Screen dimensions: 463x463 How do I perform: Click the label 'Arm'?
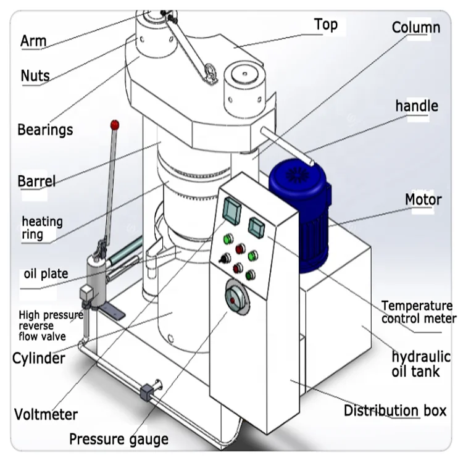(33, 41)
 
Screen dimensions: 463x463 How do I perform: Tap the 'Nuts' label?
(35, 76)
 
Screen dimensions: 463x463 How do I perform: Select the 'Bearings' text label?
(45, 130)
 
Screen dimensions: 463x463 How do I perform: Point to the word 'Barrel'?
(36, 181)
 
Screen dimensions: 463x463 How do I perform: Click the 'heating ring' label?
(42, 228)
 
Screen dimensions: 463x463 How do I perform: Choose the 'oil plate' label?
(46, 273)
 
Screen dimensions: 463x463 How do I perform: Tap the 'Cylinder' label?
(39, 358)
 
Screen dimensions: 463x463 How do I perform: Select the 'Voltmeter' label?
(46, 414)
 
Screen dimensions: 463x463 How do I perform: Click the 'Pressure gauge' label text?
(119, 440)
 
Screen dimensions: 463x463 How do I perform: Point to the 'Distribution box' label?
(395, 411)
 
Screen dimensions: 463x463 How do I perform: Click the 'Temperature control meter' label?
(418, 312)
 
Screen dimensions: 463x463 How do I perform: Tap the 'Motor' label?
(423, 199)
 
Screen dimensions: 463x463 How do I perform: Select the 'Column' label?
(416, 27)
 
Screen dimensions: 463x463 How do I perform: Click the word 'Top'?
(325, 25)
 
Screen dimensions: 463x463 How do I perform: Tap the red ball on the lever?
(114, 125)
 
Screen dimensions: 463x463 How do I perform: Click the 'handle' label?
(417, 106)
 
